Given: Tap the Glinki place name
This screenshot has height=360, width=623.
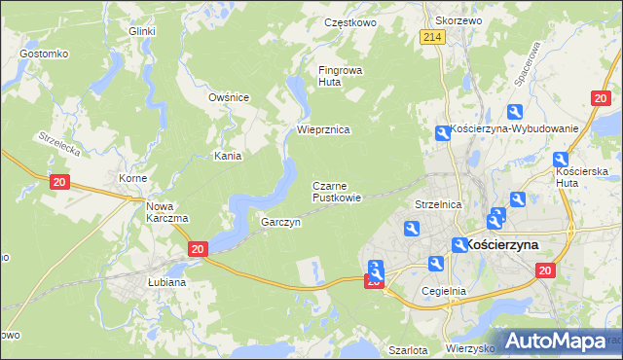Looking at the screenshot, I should click(142, 31).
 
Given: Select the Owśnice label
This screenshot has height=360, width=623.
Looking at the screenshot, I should click(230, 97).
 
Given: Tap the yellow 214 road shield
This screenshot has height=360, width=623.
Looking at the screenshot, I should click(433, 37).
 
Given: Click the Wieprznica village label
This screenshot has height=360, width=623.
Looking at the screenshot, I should click(323, 129).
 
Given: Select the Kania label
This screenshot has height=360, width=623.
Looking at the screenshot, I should click(228, 156).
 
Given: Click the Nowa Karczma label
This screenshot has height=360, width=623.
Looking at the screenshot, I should click(166, 212).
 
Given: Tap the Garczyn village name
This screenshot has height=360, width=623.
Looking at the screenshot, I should click(280, 222).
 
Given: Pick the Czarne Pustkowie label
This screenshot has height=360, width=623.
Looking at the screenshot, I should click(337, 192).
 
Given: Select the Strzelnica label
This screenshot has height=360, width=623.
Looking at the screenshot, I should click(436, 205).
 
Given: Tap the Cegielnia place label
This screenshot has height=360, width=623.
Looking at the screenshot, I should click(444, 291).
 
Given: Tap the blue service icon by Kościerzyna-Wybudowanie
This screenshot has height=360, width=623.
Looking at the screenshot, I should click(443, 133).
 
